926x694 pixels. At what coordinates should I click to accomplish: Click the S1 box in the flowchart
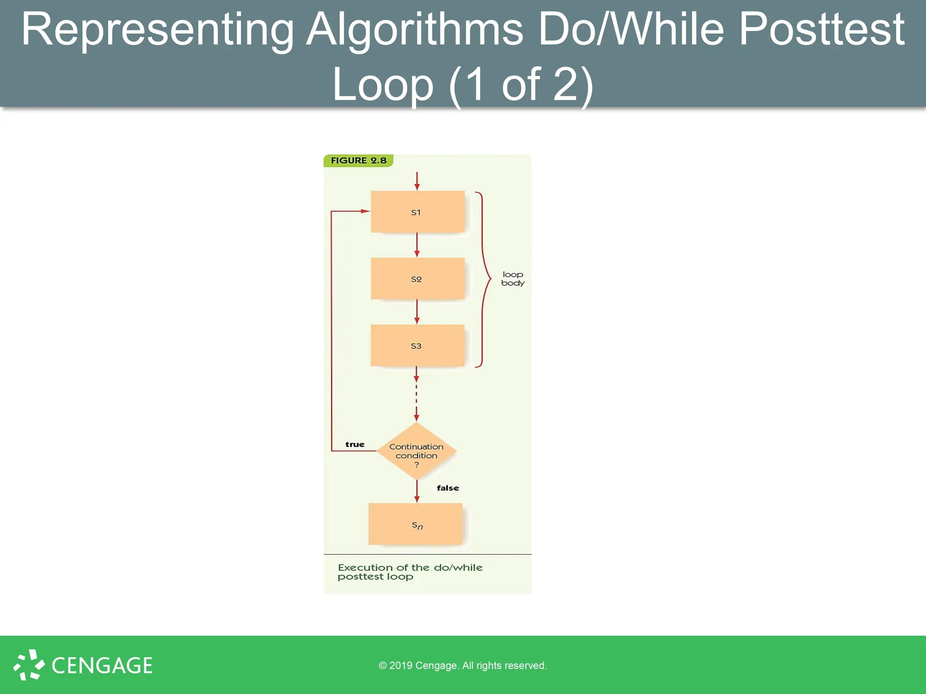pos(417,211)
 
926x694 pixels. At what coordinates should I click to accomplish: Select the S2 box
pos(417,278)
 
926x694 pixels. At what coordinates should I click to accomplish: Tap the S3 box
pos(417,345)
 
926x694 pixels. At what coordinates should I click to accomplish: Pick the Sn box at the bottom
pos(416,524)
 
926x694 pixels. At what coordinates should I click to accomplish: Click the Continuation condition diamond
pos(416,451)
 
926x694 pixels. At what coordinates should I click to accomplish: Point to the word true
pos(354,445)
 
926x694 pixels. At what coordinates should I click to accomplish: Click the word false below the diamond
pos(448,488)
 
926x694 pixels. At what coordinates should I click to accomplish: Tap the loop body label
pos(513,278)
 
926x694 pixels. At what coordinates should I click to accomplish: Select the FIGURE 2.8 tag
pos(358,160)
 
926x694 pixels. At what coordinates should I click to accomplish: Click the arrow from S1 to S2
pos(417,245)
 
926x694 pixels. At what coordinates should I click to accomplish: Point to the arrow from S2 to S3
pos(417,312)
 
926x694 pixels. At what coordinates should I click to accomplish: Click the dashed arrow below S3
pos(416,398)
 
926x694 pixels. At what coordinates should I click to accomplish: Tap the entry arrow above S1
pos(417,181)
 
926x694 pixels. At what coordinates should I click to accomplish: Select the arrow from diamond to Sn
pos(417,491)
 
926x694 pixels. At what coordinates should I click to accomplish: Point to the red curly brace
pos(484,279)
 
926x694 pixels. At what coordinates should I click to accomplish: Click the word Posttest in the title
pos(821,30)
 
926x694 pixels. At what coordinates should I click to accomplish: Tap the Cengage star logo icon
pos(29,665)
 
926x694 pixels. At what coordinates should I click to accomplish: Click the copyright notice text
pos(463,666)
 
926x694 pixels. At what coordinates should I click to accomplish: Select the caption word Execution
pos(364,567)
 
